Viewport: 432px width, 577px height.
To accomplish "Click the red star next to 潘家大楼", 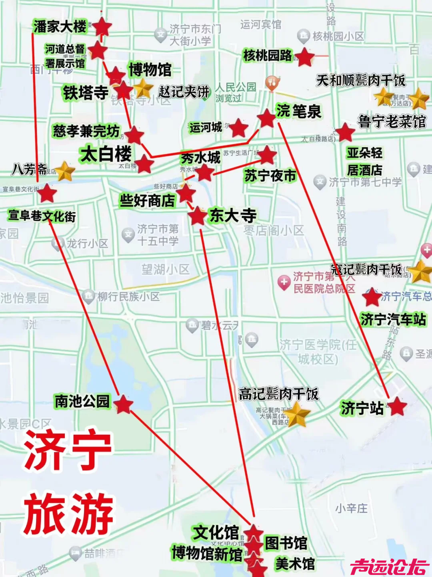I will (102, 27).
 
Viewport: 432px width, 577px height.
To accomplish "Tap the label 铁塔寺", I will (86, 93).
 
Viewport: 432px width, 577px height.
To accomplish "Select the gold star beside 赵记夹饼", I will (143, 88).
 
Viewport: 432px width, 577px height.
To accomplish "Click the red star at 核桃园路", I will (305, 57).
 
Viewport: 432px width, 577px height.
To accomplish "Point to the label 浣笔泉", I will (298, 111).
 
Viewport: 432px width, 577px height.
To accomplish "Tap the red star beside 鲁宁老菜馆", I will (345, 132).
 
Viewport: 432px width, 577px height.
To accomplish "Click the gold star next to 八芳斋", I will (65, 171).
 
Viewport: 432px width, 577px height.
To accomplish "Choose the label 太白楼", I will (106, 154).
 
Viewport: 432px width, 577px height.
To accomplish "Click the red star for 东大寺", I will (197, 216).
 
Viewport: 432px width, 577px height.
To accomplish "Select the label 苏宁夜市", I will (270, 176).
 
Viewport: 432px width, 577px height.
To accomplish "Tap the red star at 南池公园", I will (123, 404).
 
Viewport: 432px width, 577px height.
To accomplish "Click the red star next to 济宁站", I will (398, 406).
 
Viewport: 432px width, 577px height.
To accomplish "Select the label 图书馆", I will (286, 543).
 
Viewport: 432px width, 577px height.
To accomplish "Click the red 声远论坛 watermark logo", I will (390, 567).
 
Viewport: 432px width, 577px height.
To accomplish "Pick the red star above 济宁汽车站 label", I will (372, 297).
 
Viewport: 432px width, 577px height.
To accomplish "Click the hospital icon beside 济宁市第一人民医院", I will (284, 282).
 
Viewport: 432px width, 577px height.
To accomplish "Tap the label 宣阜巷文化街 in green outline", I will (42, 216).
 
